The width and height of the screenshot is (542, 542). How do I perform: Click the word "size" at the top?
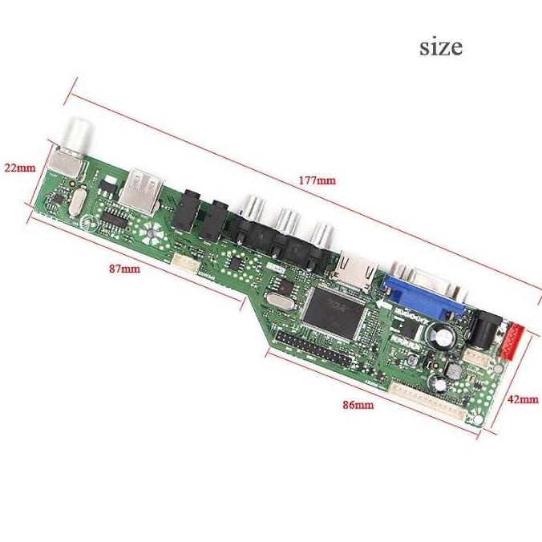coord(441,47)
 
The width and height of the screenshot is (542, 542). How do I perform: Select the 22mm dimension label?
coord(19,168)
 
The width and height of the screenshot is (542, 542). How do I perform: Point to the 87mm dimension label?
coord(124,269)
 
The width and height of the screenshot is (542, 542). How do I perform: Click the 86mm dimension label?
coord(358,405)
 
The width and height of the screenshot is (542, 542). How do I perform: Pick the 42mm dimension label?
coord(523,398)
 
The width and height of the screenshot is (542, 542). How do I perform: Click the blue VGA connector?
coord(422,290)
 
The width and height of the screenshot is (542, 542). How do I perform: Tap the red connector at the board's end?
coord(511,340)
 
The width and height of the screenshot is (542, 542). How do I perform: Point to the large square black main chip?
coord(330,312)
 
